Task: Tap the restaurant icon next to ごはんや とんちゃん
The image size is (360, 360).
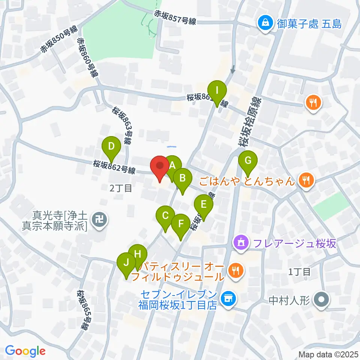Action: [x=306, y=180]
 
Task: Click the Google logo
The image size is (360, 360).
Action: [x=25, y=351]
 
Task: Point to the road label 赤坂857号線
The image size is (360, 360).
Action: [x=175, y=17]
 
